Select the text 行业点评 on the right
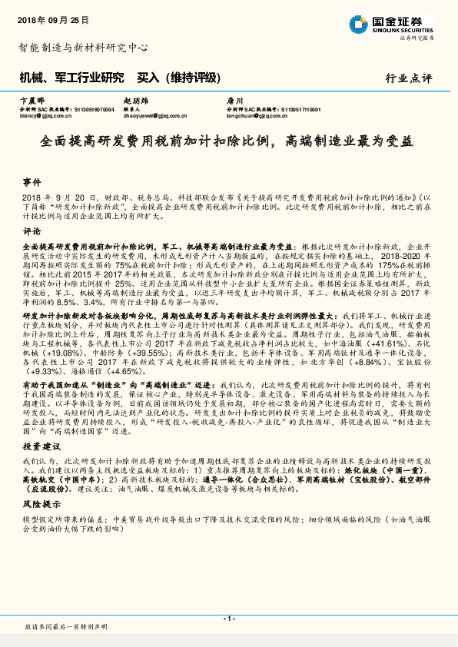(x=408, y=78)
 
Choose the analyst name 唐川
(x=234, y=101)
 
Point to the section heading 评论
(x=32, y=230)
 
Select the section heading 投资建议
(x=40, y=446)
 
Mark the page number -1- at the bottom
(x=229, y=619)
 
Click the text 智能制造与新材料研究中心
(x=83, y=47)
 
